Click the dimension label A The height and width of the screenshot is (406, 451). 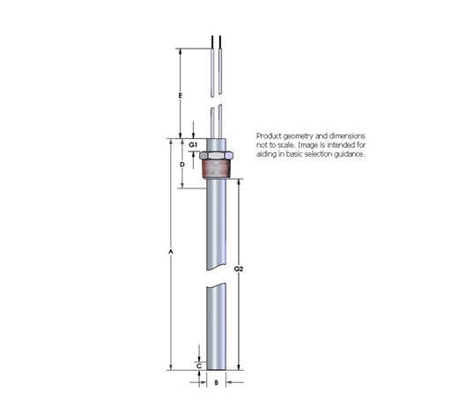click(x=170, y=254)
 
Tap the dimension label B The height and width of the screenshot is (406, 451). click(x=215, y=383)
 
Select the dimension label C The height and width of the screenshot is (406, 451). click(x=199, y=364)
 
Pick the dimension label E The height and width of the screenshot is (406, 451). click(x=180, y=94)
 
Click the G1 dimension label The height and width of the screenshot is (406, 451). click(x=194, y=143)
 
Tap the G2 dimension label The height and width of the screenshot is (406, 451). click(x=240, y=269)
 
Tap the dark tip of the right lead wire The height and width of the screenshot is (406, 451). click(x=220, y=41)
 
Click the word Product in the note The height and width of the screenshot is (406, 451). click(x=270, y=135)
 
